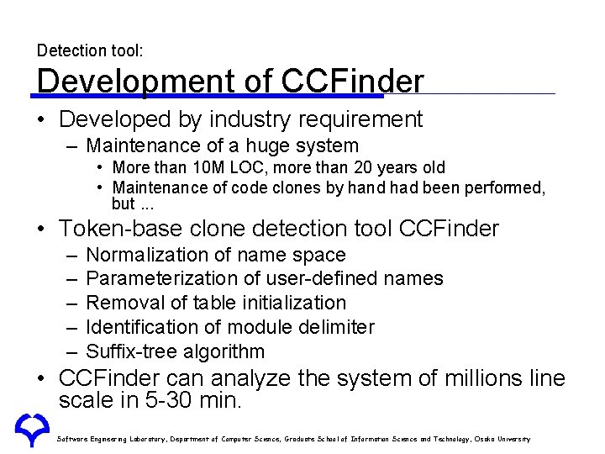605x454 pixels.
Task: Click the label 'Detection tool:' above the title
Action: [x=90, y=51]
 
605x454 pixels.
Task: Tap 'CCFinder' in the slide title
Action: [x=354, y=82]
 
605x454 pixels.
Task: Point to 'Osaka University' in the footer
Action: [x=501, y=439]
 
